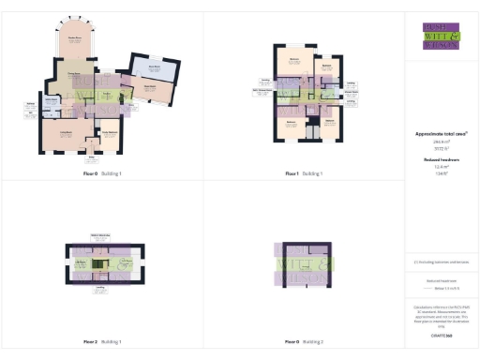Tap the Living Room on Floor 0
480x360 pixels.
click(x=67, y=135)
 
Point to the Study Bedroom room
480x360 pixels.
click(x=110, y=135)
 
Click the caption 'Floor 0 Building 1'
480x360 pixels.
click(x=102, y=173)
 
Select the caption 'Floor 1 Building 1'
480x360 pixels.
click(x=304, y=173)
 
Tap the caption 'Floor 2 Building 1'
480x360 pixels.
click(x=102, y=342)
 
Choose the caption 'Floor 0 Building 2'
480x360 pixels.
click(x=304, y=342)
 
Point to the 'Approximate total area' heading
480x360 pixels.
click(x=440, y=134)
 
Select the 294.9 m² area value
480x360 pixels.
click(x=440, y=142)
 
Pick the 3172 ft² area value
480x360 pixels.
click(x=440, y=148)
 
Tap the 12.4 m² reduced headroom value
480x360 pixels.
click(x=440, y=166)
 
